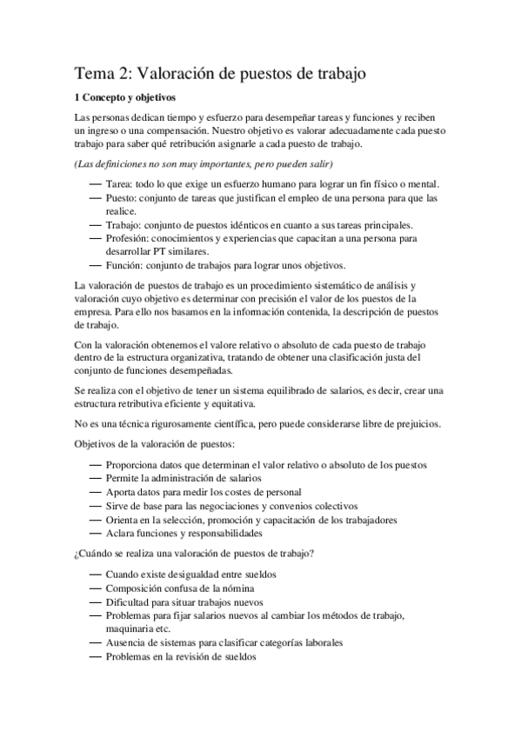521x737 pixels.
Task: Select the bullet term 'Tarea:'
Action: click(120, 184)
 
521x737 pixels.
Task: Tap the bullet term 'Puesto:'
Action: click(123, 198)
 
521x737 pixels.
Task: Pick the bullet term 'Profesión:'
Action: click(128, 237)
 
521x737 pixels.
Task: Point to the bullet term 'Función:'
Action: click(125, 264)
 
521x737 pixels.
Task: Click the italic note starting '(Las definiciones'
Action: click(204, 164)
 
